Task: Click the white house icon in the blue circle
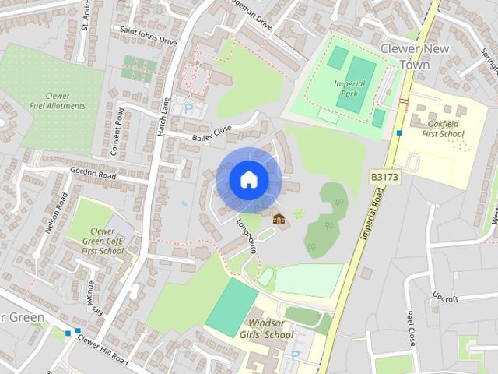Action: point(247,179)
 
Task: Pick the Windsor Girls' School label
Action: point(270,329)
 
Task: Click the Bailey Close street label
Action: point(211,133)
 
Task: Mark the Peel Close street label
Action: point(410,328)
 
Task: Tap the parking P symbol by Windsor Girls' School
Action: point(295,355)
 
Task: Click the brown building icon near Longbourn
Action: point(279,218)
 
